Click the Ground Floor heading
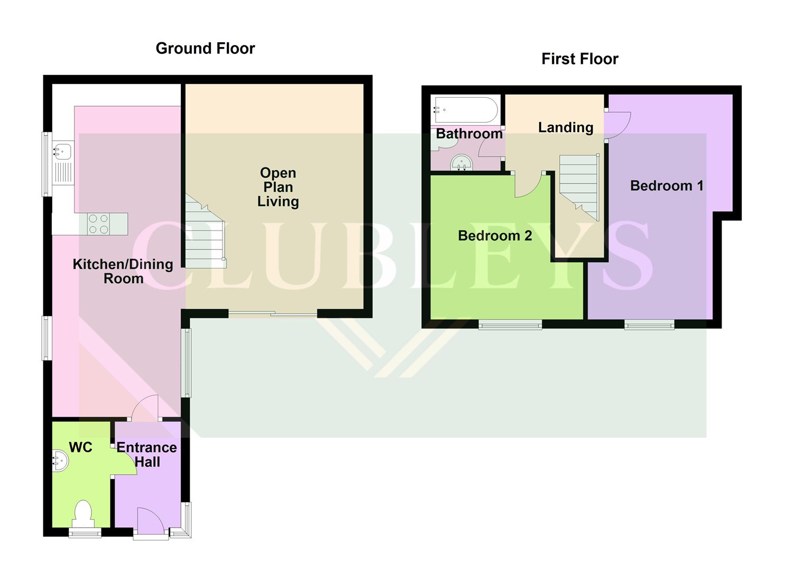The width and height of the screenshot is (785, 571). [205, 49]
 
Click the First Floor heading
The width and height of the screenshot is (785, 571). [579, 59]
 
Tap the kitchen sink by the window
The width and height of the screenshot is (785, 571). [62, 151]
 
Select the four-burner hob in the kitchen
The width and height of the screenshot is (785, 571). [98, 224]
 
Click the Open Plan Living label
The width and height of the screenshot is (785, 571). [278, 187]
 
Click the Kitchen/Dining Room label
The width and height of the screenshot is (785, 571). [123, 271]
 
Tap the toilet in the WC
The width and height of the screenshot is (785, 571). [83, 512]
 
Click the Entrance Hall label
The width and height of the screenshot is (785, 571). [146, 455]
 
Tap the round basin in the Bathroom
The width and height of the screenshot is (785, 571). [461, 163]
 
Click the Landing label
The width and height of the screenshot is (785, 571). [565, 127]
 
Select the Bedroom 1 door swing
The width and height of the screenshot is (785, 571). [617, 126]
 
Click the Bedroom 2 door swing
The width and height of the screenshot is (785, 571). [527, 185]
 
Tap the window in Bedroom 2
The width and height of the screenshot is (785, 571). [510, 324]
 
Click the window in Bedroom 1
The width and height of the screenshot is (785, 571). [649, 324]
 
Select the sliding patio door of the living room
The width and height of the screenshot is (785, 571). [273, 314]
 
